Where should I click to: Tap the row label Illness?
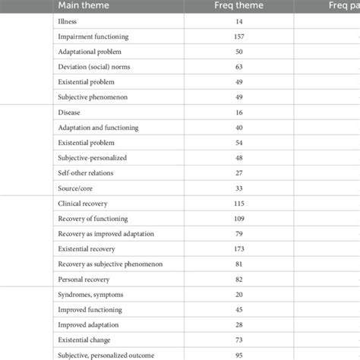67,22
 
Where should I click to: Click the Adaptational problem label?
87,52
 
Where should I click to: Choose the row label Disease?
68,112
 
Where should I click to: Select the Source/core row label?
75,188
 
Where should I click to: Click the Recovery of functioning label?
90,219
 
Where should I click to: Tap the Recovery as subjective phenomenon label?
110,264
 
